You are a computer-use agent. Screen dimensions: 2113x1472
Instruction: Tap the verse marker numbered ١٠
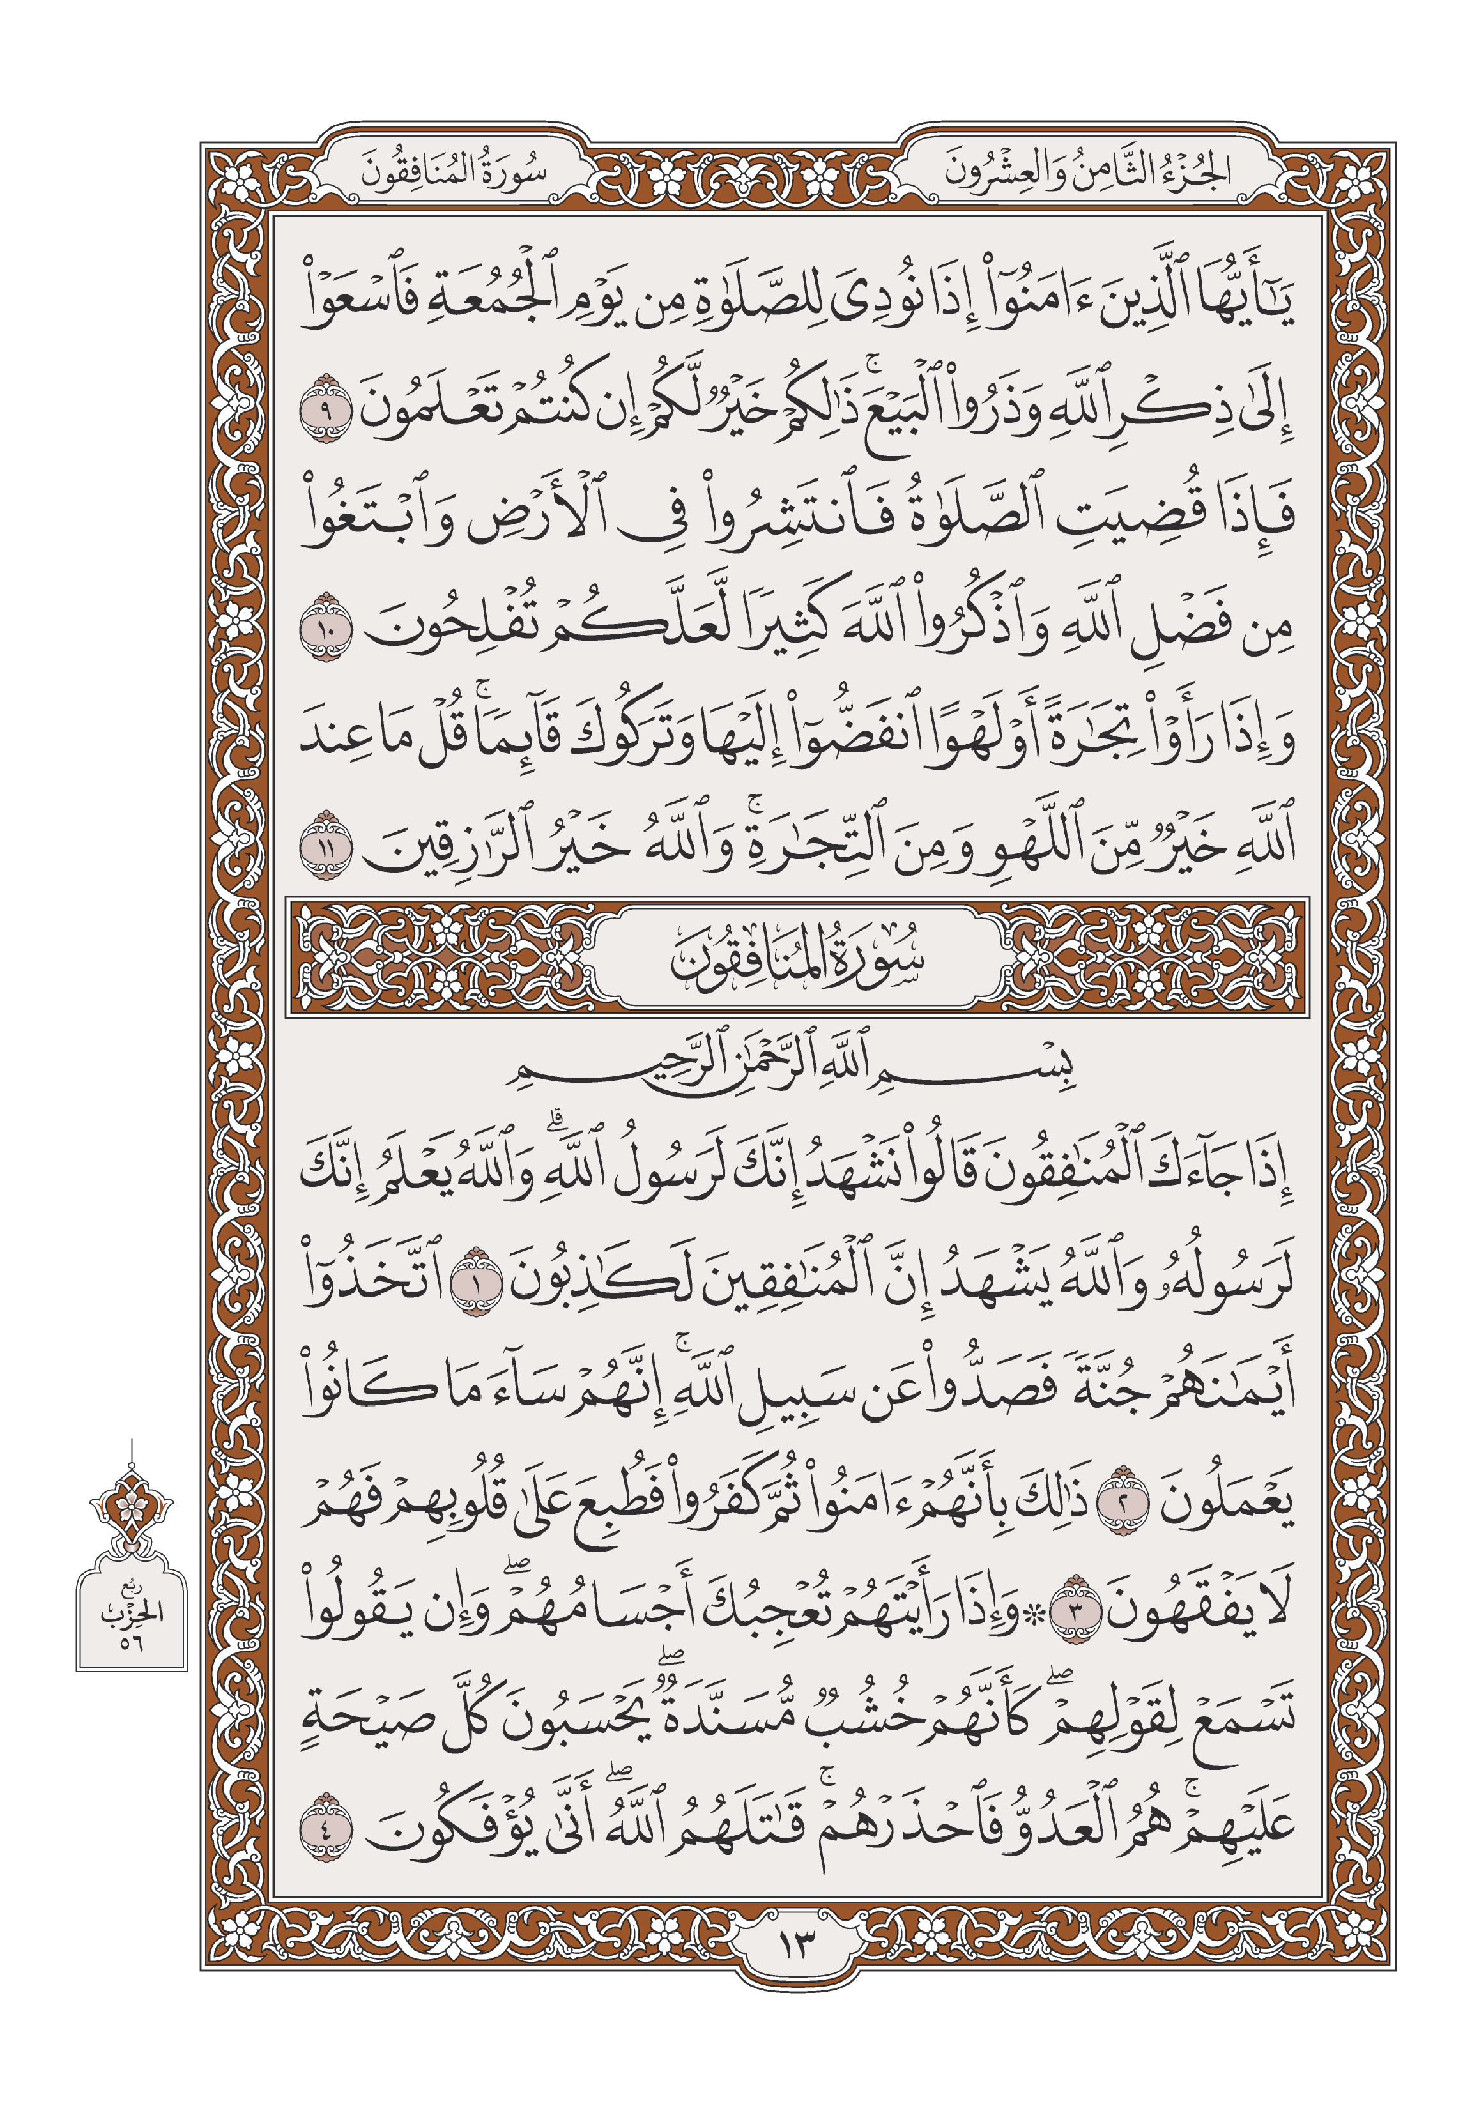pos(326,628)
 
